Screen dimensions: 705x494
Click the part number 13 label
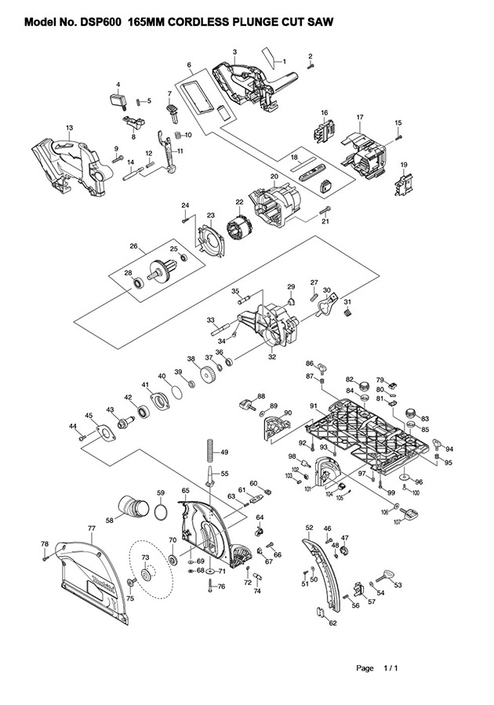69,127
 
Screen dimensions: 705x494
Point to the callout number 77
92,529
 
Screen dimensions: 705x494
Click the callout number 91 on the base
313,405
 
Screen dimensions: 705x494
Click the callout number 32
272,357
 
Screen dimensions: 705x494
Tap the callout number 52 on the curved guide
309,528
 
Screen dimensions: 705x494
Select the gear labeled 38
209,376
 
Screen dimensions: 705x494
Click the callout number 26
134,246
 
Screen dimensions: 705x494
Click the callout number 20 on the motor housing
274,176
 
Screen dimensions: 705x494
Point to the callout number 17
360,118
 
